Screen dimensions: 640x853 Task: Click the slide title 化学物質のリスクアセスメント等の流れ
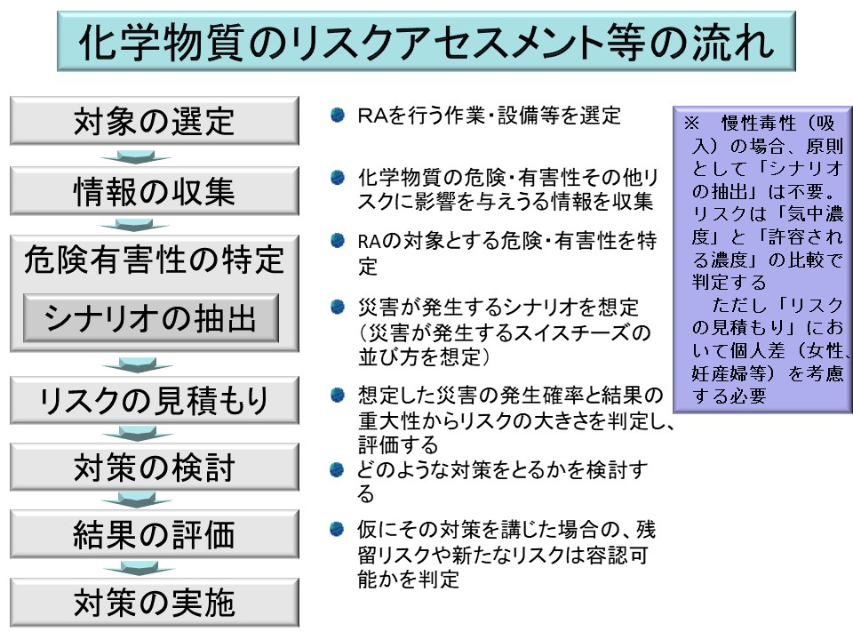point(426,41)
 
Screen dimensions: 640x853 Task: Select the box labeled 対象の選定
point(154,120)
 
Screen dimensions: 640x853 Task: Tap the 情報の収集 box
point(154,191)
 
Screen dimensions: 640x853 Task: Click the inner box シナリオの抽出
point(151,317)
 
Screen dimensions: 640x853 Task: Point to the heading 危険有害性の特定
point(155,260)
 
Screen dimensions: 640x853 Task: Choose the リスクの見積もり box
point(154,401)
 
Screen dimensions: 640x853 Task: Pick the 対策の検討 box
point(154,468)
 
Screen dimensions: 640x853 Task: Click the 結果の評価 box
point(154,535)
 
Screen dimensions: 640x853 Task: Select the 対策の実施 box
point(154,603)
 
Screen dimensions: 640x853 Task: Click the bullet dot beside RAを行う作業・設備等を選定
point(338,116)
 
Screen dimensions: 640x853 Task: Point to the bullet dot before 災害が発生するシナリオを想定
point(338,308)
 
